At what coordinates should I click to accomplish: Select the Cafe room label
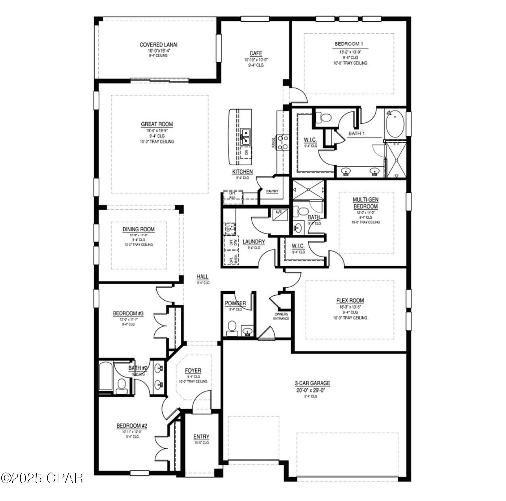point(256,53)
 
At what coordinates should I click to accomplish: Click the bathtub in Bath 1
point(395,124)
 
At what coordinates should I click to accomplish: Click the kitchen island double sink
point(246,136)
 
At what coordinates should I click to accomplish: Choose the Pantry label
point(272,191)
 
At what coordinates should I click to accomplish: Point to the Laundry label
point(254,242)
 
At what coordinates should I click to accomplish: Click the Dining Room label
point(138,229)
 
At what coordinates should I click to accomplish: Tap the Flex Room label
point(350,300)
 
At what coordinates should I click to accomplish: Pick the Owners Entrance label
point(281,316)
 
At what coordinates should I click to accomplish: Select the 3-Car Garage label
point(312,383)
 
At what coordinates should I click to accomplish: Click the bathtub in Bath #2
point(106,377)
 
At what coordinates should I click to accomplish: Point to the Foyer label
point(193,371)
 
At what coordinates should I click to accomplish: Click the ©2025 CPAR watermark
point(42,478)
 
